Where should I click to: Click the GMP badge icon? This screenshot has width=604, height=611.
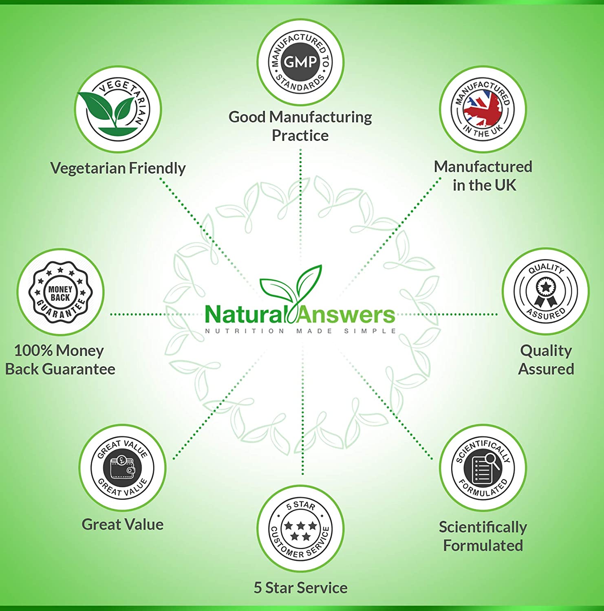(x=300, y=62)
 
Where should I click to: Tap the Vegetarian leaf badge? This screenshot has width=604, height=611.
(x=118, y=109)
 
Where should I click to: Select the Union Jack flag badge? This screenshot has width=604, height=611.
(x=483, y=109)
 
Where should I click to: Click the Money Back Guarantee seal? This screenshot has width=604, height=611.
(x=61, y=292)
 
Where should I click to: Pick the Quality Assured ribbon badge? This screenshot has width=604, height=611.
(x=546, y=291)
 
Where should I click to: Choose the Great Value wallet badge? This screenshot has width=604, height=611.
(x=122, y=468)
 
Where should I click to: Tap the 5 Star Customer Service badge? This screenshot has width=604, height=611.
(x=300, y=528)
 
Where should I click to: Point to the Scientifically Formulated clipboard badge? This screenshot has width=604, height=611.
(x=483, y=468)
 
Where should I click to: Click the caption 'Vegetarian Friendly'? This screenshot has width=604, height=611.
(x=118, y=168)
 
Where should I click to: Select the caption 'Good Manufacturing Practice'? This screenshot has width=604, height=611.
(x=300, y=126)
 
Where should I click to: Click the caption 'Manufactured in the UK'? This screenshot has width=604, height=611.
(x=483, y=176)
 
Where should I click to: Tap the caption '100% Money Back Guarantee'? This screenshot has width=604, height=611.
(x=60, y=360)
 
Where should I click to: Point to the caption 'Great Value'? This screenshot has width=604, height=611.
(x=122, y=524)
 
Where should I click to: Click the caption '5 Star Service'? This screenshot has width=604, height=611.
(x=300, y=588)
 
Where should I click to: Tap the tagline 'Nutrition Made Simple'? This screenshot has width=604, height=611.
(x=300, y=331)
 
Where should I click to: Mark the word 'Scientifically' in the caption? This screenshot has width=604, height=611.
(x=483, y=527)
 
